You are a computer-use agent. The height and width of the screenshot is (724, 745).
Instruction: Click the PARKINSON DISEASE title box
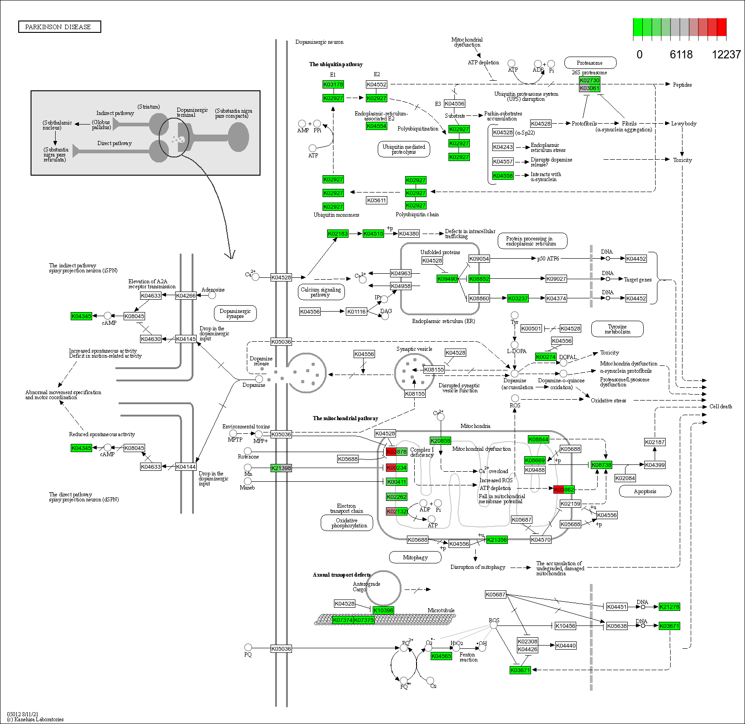pyautogui.click(x=59, y=27)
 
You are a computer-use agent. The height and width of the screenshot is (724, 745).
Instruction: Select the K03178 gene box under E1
pyautogui.click(x=333, y=84)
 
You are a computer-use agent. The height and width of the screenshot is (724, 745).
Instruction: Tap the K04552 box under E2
pyautogui.click(x=376, y=84)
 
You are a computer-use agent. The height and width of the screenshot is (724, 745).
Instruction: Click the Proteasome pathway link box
pyautogui.click(x=590, y=63)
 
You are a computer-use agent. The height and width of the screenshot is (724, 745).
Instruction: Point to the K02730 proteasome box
pyautogui.click(x=589, y=80)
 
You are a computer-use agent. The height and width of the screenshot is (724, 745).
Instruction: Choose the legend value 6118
pyautogui.click(x=681, y=55)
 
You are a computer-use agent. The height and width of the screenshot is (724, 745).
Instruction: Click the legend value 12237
pyautogui.click(x=726, y=55)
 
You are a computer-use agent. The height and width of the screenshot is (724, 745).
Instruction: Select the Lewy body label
pyautogui.click(x=683, y=124)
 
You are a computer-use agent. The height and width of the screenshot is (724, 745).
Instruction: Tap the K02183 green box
pyautogui.click(x=338, y=234)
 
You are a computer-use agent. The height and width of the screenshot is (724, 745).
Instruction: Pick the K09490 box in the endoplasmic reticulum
pyautogui.click(x=447, y=279)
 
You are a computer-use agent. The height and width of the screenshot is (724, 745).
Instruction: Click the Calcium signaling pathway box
pyautogui.click(x=321, y=292)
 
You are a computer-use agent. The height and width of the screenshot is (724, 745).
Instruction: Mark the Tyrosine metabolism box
pyautogui.click(x=617, y=329)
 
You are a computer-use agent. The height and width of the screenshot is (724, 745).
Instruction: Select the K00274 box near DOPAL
pyautogui.click(x=546, y=357)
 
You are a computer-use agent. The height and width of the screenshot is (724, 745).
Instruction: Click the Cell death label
pyautogui.click(x=720, y=406)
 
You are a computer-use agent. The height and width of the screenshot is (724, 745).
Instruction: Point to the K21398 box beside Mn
pyautogui.click(x=281, y=468)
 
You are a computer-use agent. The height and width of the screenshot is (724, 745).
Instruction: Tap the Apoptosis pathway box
pyautogui.click(x=645, y=491)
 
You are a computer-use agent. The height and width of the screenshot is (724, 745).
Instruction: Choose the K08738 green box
pyautogui.click(x=601, y=465)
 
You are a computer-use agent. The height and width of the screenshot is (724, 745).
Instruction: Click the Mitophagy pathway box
pyautogui.click(x=415, y=557)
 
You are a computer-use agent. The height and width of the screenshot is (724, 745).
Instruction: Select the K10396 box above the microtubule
pyautogui.click(x=383, y=610)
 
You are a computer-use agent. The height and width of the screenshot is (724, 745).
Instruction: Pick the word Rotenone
pyautogui.click(x=248, y=457)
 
